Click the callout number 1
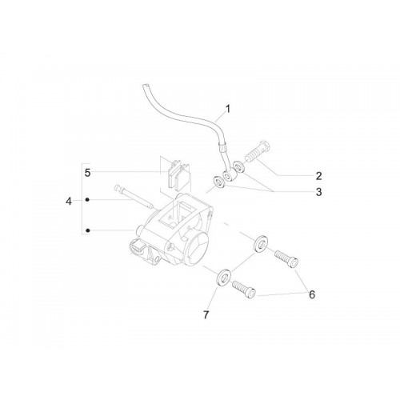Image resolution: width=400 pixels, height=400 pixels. pos(227,109)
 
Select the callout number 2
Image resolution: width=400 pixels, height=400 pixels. pos(318,176)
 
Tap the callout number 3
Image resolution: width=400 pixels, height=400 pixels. pos(318,192)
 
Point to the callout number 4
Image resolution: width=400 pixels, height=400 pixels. pos(69,202)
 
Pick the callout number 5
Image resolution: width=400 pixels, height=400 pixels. pos(87,173)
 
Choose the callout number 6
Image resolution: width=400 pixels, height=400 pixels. pos(312,294)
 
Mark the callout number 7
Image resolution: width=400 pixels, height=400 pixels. pos(206,315)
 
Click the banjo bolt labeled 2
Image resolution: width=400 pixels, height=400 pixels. pos(258,151)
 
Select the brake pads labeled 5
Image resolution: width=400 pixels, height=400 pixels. pos(179,174)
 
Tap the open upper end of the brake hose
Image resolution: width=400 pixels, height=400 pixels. pos(145,86)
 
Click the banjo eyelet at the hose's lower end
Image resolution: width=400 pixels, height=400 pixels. pos(228,176)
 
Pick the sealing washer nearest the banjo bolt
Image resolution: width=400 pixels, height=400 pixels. pos(238,166)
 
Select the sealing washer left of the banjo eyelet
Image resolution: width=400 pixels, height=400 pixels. pos(219,182)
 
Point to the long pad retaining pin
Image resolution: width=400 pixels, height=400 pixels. pos(134,197)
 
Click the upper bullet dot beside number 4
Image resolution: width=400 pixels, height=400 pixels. pos(87,199)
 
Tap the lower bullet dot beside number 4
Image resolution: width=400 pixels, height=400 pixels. pos(88,230)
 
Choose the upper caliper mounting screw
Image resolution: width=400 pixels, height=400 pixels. pos(286,258)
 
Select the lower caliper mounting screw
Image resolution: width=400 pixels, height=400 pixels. pos(244,290)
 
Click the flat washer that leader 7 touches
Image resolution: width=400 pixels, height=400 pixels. pos(222,278)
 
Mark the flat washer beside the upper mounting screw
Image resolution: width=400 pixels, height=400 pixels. pos(261,244)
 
